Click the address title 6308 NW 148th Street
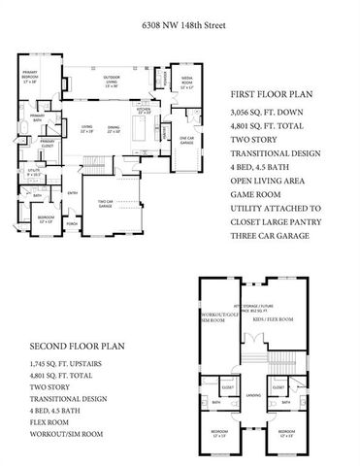[179, 17]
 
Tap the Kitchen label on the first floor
[145, 113]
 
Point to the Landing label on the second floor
[252, 395]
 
